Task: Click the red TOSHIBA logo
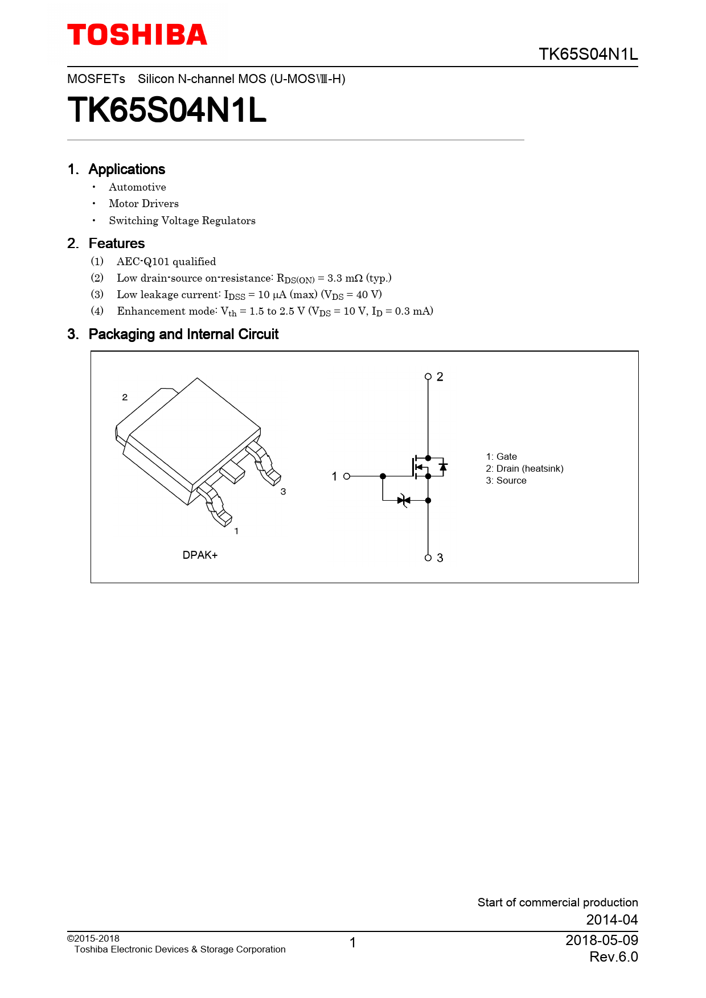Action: (x=137, y=35)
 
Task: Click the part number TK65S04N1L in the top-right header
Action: (x=588, y=54)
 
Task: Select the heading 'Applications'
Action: (x=126, y=169)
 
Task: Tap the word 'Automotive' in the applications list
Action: (x=137, y=187)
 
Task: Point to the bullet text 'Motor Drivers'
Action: (x=143, y=204)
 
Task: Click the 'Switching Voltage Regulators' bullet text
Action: (x=182, y=221)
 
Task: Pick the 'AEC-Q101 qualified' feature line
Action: (x=166, y=262)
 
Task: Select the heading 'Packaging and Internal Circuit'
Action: (x=183, y=334)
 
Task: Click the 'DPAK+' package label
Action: (x=200, y=555)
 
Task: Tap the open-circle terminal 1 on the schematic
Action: (x=347, y=476)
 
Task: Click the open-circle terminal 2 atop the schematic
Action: (x=428, y=377)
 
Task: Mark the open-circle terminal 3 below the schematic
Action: (x=428, y=558)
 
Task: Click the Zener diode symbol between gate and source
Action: (x=404, y=501)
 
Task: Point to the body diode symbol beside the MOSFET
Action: (x=443, y=467)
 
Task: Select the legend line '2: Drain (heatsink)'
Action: (x=524, y=468)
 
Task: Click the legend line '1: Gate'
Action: (x=501, y=456)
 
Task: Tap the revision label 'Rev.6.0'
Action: (x=613, y=957)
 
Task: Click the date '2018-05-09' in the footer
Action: (x=601, y=940)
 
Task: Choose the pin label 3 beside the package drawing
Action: (x=283, y=492)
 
